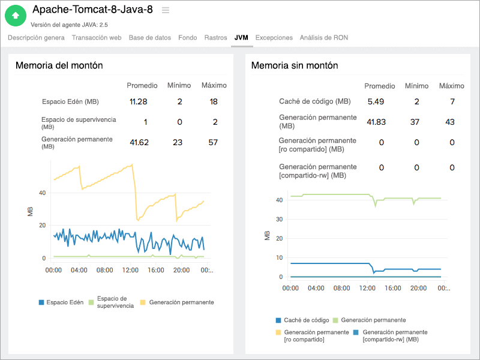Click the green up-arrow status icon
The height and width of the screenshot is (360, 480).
[16, 15]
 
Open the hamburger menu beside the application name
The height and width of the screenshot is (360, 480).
[166, 10]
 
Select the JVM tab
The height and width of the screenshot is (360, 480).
[241, 37]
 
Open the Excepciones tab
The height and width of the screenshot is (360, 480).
[274, 37]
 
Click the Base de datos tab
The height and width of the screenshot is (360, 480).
[150, 37]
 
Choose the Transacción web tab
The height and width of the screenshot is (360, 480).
[97, 37]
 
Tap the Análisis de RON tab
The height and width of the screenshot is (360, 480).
[323, 37]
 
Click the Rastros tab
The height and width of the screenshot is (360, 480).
[215, 37]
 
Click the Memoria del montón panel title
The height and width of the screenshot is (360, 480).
[59, 65]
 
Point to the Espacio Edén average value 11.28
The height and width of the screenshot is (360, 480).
[139, 101]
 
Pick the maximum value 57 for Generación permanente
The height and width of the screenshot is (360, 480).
[214, 142]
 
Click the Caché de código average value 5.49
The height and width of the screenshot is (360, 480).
[376, 101]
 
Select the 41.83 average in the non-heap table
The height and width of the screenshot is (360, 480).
[376, 122]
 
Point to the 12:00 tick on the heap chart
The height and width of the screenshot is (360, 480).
[130, 271]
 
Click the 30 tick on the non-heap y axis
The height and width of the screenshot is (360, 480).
[278, 219]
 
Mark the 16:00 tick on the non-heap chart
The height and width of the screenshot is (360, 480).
[392, 289]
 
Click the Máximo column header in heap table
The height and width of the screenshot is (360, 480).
[214, 86]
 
